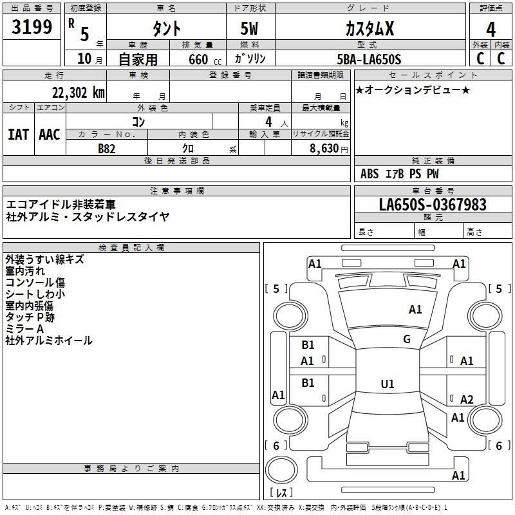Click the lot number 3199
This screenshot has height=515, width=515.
(x=32, y=28)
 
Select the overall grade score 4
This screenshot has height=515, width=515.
(x=491, y=29)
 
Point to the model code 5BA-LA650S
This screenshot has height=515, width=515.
(x=369, y=59)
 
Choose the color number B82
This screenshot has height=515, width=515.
(x=107, y=148)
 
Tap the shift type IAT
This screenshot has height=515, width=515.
(x=18, y=135)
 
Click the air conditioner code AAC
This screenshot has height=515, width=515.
(x=50, y=135)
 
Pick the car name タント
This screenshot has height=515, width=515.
(x=165, y=29)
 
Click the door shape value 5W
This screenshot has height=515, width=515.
(x=250, y=29)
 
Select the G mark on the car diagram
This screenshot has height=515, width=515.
(x=406, y=339)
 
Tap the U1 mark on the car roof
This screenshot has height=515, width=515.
(x=387, y=384)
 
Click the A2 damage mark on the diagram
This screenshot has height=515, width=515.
(x=467, y=399)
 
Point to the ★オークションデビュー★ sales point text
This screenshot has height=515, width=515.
(x=412, y=89)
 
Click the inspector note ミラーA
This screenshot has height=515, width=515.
(x=24, y=328)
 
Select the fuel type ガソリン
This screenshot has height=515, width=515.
(x=250, y=59)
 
